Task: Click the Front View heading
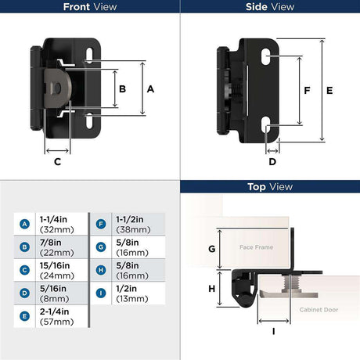(x=90, y=7)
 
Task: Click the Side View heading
(x=270, y=7)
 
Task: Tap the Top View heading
(x=270, y=187)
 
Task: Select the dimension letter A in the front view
(x=150, y=89)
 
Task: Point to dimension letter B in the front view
(x=122, y=89)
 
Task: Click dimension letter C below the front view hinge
(x=57, y=162)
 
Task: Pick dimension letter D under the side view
(x=272, y=162)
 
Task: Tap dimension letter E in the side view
(x=329, y=91)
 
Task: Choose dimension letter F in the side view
(x=307, y=91)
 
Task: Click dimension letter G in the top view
(x=212, y=249)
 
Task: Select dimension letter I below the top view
(x=273, y=332)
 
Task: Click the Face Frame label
(x=256, y=247)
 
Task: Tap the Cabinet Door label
(x=319, y=310)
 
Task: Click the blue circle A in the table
(x=24, y=224)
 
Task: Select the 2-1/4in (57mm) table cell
(x=62, y=316)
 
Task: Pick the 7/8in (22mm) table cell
(x=62, y=247)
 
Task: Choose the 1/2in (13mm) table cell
(x=139, y=293)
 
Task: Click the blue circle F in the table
(x=101, y=224)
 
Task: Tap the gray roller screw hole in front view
(x=58, y=88)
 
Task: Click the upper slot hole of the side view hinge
(x=266, y=56)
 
